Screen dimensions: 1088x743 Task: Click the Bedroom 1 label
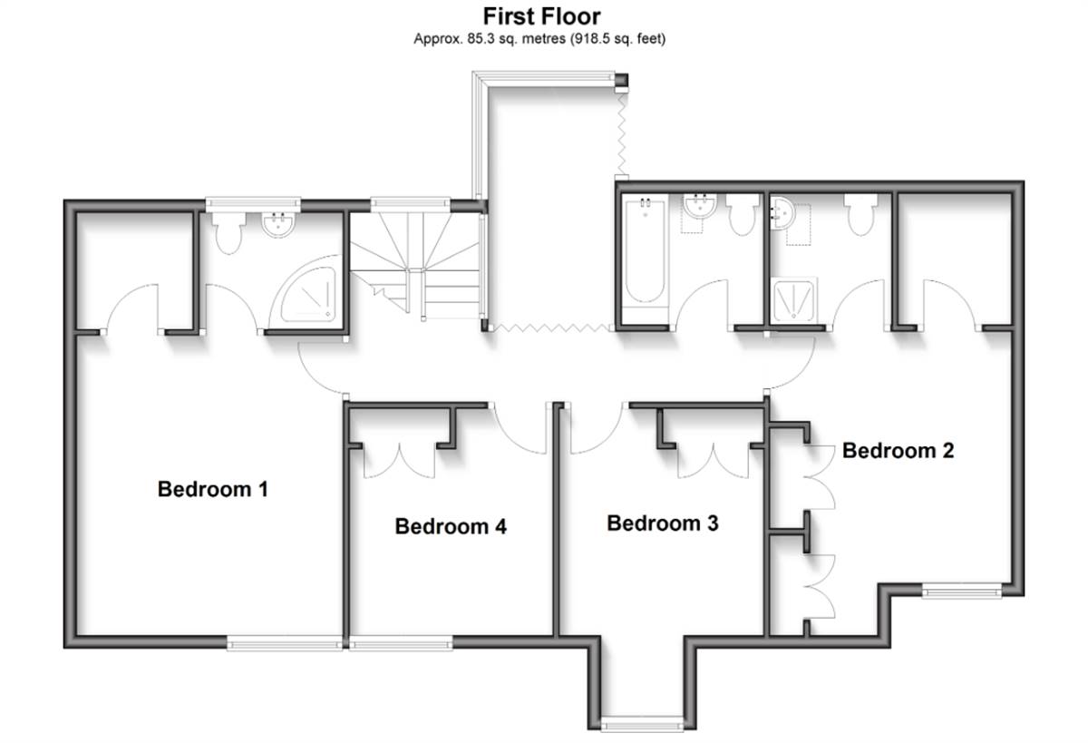click(x=213, y=489)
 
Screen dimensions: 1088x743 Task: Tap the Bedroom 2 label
click(x=899, y=451)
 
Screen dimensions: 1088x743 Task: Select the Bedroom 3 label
click(x=663, y=523)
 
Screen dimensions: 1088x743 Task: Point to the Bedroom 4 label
click(x=451, y=526)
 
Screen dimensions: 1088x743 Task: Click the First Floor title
click(x=541, y=16)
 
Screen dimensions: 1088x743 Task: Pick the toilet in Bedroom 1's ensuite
click(x=228, y=232)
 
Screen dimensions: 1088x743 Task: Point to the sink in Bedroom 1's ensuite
click(x=277, y=225)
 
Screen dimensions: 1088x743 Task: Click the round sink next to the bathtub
click(x=699, y=207)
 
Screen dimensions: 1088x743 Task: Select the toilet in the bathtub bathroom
click(x=743, y=214)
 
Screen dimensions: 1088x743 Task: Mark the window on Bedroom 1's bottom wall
click(x=285, y=645)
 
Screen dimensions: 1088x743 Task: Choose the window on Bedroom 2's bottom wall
click(x=962, y=592)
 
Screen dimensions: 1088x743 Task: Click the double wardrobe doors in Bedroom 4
click(x=399, y=461)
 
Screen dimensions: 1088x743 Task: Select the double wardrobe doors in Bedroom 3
click(x=714, y=461)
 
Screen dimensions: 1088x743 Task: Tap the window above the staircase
click(x=411, y=204)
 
